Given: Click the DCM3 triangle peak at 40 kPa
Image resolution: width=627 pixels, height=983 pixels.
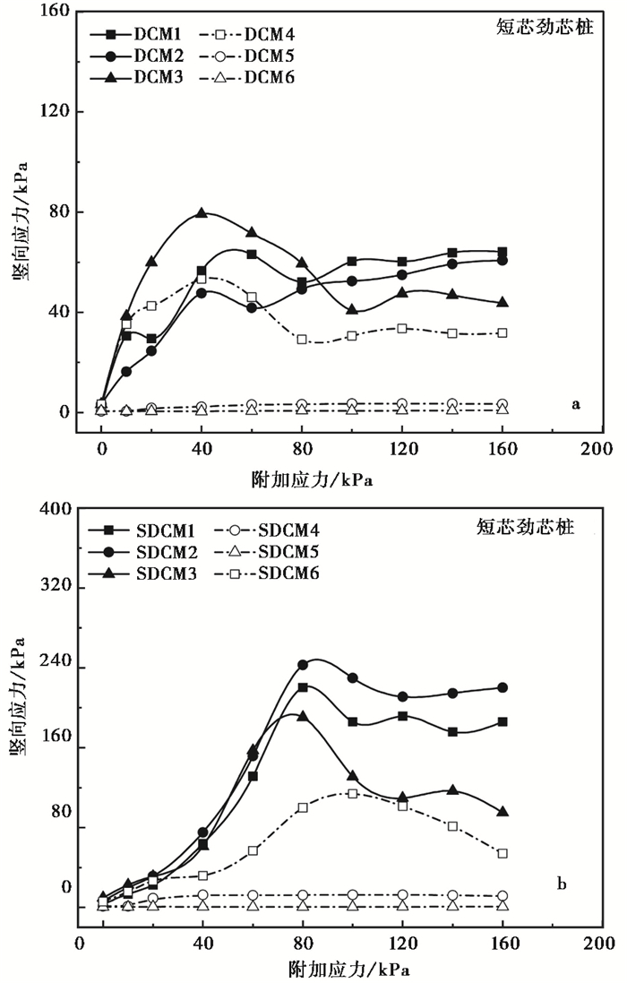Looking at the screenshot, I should point(202,213).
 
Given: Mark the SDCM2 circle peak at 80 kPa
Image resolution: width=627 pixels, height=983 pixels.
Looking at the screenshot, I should point(303,665).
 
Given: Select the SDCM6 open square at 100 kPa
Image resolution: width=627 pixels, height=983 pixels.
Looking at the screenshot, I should point(353,793).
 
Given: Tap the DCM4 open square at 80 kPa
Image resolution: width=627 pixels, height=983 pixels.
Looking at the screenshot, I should point(302,340).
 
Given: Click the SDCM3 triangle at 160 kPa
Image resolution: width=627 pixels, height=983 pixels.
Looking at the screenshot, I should point(502,812).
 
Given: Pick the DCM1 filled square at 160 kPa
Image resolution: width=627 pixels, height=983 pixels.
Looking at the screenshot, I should point(502,252).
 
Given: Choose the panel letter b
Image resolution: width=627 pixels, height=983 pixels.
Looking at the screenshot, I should point(562,884).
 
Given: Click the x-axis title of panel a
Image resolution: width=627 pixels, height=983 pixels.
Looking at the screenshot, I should point(313,479).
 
